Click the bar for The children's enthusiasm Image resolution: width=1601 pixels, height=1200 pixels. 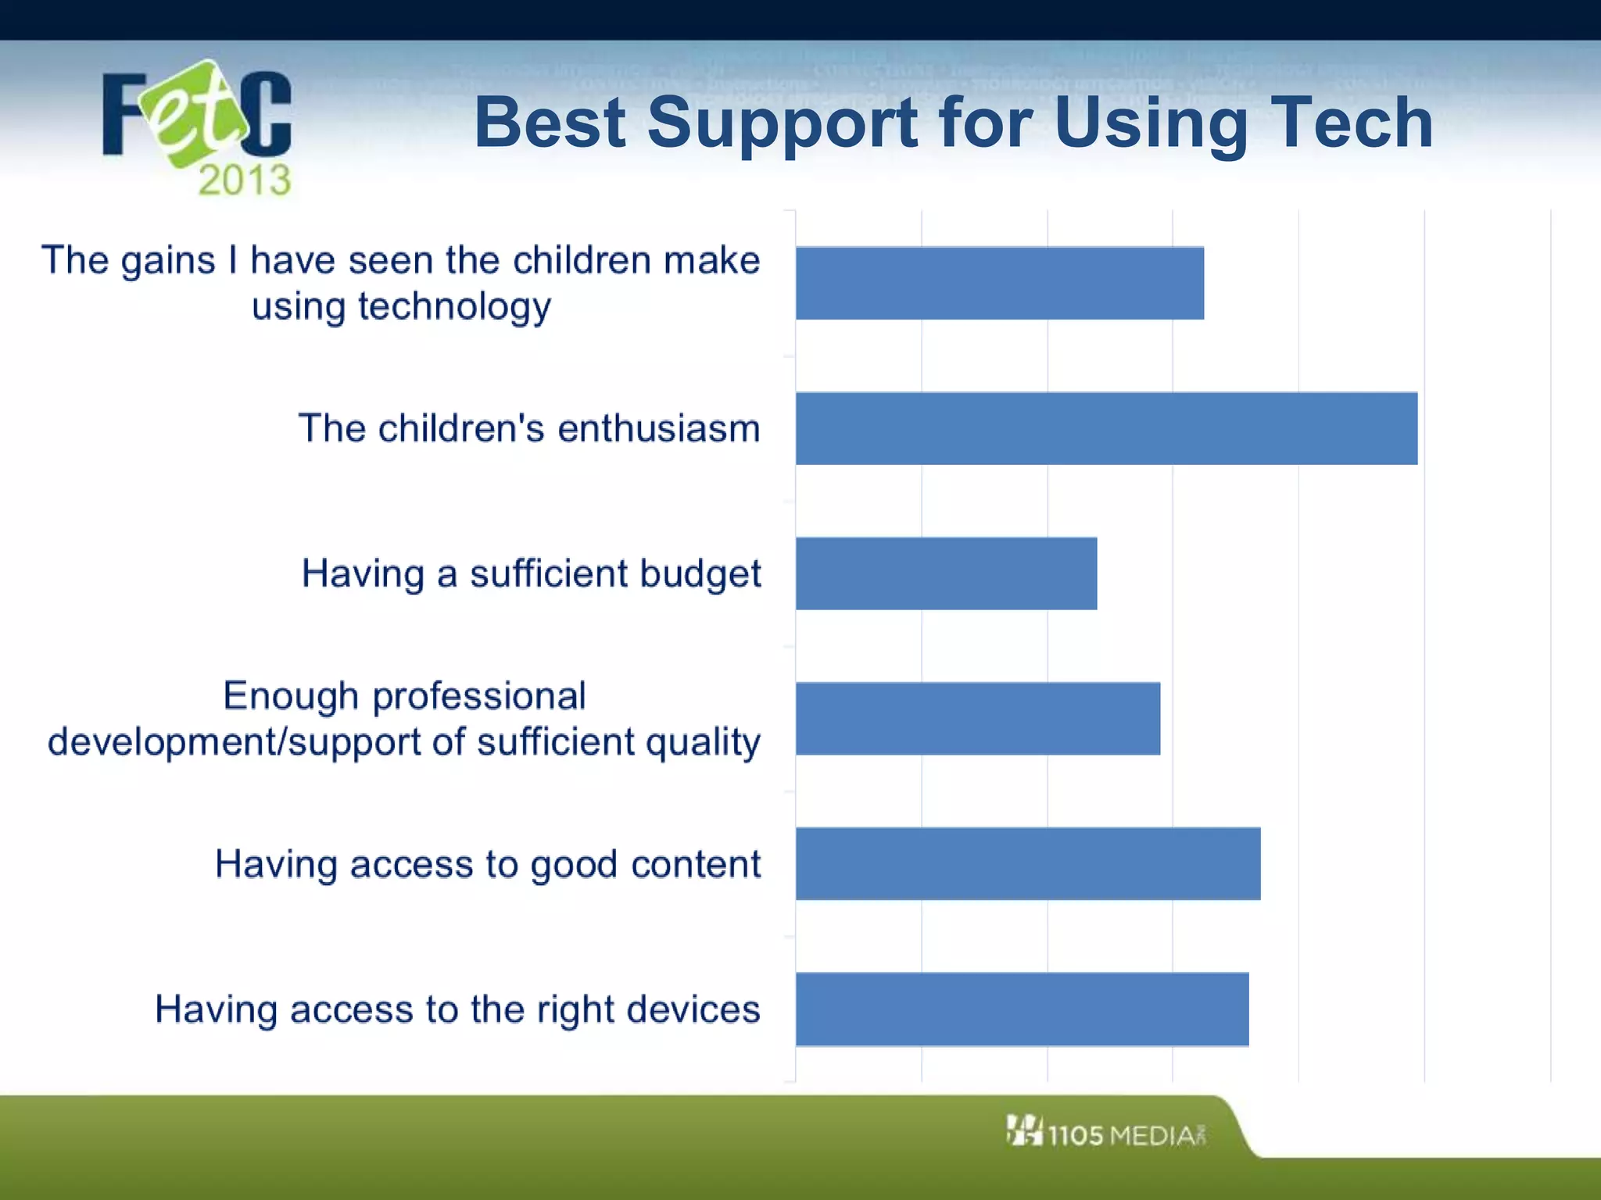[x=1106, y=428]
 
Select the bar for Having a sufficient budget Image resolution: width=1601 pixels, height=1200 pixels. [x=946, y=573]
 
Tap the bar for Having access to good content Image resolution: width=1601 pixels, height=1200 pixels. [x=1028, y=863]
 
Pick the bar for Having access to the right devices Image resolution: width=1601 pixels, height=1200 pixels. [x=1022, y=1009]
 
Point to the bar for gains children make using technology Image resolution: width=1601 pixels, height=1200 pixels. [x=1000, y=283]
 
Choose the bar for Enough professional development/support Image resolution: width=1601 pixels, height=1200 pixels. [x=978, y=719]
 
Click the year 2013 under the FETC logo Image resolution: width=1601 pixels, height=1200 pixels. [x=244, y=180]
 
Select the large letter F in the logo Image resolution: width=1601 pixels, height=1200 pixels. [x=124, y=115]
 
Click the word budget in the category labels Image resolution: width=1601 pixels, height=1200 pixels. [x=700, y=574]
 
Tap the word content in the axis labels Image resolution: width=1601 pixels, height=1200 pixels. [x=695, y=864]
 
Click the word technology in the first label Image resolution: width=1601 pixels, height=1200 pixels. [x=454, y=307]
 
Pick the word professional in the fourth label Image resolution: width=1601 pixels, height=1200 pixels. [x=478, y=696]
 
